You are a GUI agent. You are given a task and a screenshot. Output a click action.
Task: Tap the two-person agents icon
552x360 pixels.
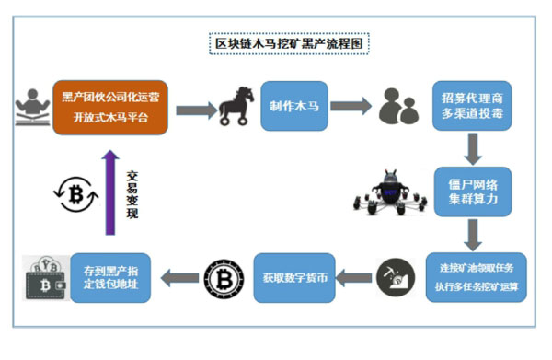398,110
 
